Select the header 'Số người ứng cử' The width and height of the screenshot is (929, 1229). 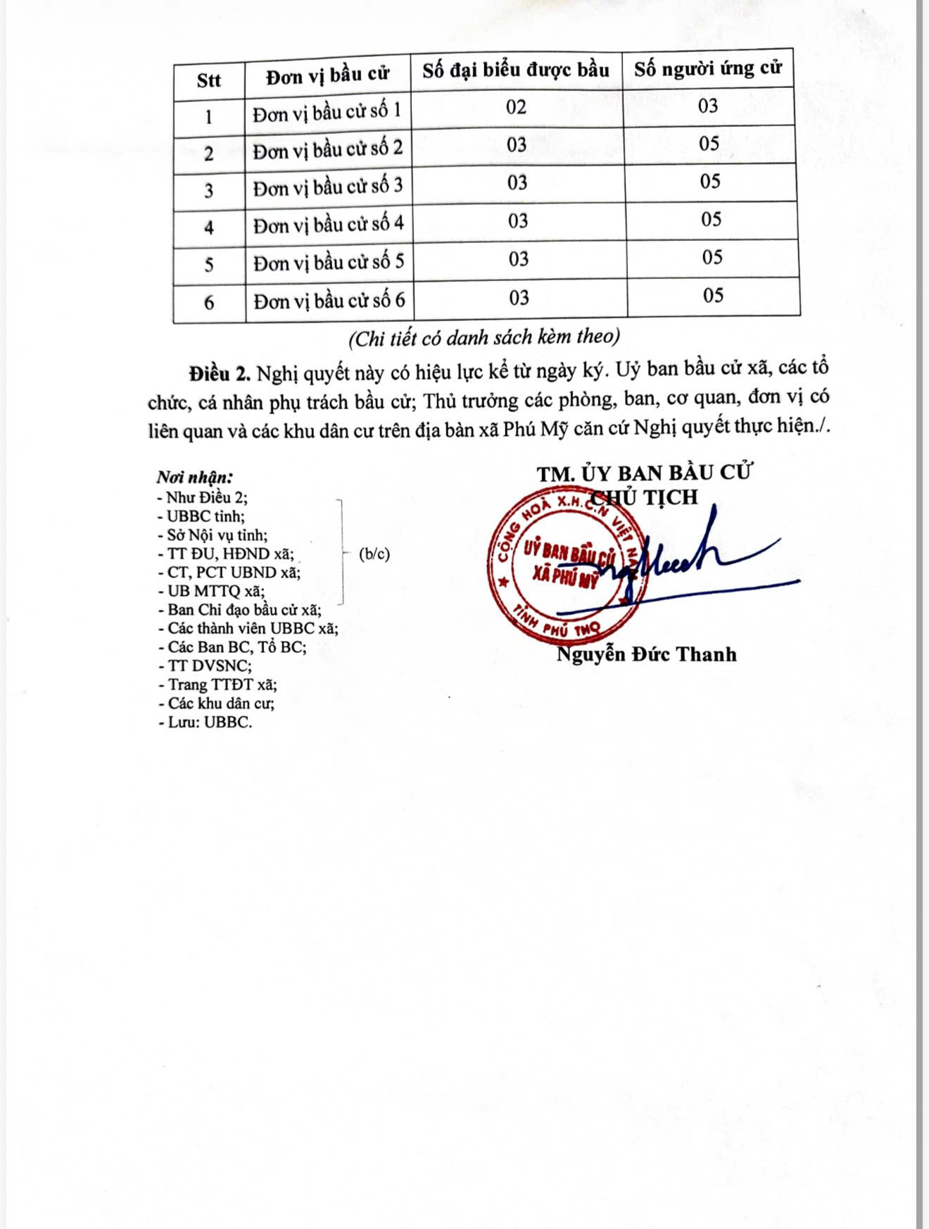pos(708,69)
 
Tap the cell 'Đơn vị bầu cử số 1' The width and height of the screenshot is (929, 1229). pos(327,112)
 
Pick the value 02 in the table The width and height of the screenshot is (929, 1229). pos(516,107)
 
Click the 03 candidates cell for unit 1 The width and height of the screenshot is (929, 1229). pos(708,106)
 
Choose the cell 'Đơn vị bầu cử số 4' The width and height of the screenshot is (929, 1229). pos(329,225)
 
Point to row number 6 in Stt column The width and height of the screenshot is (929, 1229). pos(209,303)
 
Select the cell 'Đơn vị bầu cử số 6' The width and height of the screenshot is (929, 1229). pos(329,301)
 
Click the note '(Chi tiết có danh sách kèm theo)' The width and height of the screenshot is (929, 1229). pos(484,338)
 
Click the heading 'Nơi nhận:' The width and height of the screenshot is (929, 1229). pos(195,478)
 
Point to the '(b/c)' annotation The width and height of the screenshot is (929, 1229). pos(374,554)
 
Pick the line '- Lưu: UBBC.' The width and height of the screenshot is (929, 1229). pos(205,722)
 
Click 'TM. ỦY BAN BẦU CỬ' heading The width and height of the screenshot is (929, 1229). pos(645,473)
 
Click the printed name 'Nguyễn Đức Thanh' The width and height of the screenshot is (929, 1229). pos(646,654)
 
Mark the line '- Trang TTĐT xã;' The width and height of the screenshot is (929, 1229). pos(217,685)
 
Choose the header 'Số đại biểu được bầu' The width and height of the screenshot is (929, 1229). pos(516,70)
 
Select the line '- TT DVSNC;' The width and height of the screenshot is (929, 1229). pos(205,666)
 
